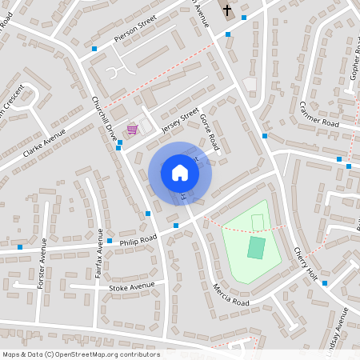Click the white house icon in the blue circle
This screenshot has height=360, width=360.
coord(179,172)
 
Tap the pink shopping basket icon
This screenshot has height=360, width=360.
coord(132,129)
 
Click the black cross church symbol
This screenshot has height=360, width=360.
coord(227,10)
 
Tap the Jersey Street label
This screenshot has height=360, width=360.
coord(179,119)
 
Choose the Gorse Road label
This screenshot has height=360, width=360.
coord(210,131)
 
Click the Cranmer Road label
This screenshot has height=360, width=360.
coord(319,115)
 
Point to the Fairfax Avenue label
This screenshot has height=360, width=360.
coord(100,262)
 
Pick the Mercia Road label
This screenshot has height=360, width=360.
coord(231,297)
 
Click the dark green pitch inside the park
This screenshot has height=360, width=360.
coord(256,247)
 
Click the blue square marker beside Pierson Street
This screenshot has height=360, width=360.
coord(94,49)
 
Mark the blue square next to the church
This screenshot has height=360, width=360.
coord(243,15)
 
